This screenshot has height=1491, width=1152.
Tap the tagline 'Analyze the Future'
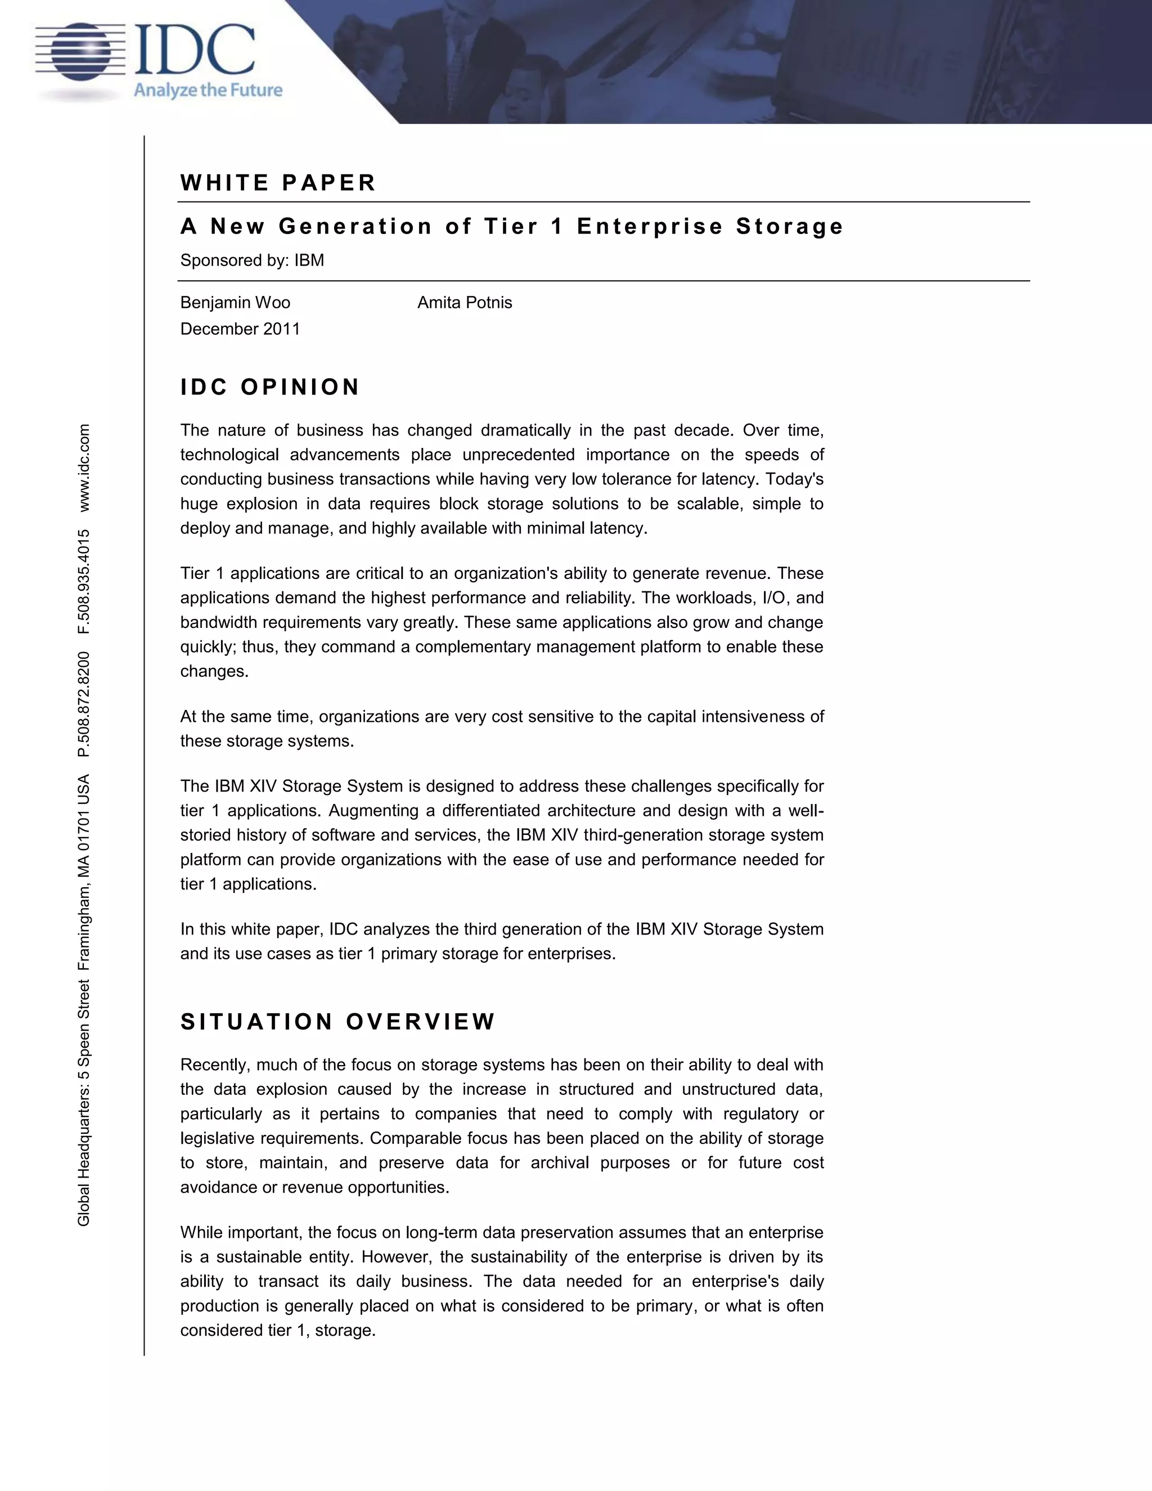point(208,90)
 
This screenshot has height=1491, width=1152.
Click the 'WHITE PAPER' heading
point(278,183)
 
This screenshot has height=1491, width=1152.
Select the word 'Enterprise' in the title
point(649,226)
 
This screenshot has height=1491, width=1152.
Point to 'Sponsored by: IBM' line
point(252,260)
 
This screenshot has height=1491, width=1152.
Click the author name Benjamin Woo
point(235,303)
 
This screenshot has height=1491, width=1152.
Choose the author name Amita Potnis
point(464,303)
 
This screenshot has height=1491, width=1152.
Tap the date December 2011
point(240,329)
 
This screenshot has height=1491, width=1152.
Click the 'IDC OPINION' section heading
point(269,387)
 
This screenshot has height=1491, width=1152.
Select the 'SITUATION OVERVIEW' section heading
point(337,1021)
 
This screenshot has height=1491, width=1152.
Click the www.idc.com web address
point(84,468)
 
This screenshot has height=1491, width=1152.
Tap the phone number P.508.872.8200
point(84,704)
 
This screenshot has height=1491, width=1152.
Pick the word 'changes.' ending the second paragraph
point(214,672)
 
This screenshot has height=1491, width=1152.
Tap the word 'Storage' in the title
point(790,226)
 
